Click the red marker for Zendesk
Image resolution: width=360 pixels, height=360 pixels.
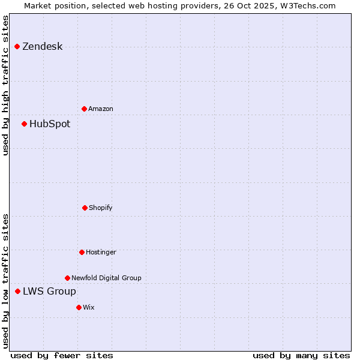(x=17, y=46)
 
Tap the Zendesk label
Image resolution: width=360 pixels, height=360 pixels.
(x=42, y=47)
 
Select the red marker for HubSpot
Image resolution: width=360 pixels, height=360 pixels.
(x=24, y=124)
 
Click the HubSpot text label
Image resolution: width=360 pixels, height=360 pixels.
(x=50, y=124)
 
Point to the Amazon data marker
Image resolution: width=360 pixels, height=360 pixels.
(x=84, y=109)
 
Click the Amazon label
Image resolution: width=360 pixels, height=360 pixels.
(x=101, y=109)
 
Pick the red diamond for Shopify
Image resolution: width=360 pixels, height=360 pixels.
(x=85, y=208)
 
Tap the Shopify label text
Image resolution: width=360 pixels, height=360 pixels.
(x=101, y=208)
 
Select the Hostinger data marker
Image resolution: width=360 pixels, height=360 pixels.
(x=82, y=252)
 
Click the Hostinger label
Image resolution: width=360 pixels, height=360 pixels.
(x=101, y=253)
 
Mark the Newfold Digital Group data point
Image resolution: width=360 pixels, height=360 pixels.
(x=67, y=278)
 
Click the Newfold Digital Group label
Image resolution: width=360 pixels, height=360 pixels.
(x=106, y=278)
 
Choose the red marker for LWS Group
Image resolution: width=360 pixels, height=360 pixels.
(x=17, y=291)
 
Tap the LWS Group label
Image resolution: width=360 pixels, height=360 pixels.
(x=49, y=292)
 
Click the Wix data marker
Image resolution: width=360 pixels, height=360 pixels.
(x=79, y=307)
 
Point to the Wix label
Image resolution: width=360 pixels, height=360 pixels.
(x=89, y=308)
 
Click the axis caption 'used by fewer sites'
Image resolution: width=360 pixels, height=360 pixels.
(x=62, y=355)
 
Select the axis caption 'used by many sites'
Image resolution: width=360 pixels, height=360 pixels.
(x=301, y=355)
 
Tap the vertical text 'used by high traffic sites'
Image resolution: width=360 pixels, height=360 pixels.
(x=5, y=85)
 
